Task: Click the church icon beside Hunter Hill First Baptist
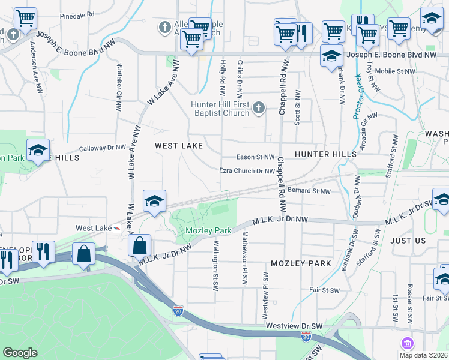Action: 259,108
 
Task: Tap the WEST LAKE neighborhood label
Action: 178,146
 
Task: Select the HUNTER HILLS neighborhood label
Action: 325,154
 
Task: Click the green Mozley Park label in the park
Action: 208,230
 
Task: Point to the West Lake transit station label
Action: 94,228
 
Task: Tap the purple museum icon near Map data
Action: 408,343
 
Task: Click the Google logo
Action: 20,353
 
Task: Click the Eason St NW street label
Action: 255,157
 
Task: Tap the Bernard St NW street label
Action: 309,191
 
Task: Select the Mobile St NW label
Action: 395,71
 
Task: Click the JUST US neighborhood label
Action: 408,241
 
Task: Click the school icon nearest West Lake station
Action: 154,201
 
